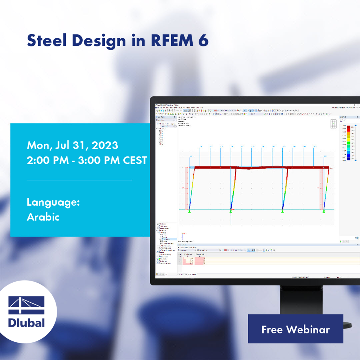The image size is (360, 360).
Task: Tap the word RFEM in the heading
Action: [168, 41]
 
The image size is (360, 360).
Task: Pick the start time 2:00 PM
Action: [48, 160]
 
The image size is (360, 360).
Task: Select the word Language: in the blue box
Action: [53, 202]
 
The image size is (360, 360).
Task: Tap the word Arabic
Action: [43, 217]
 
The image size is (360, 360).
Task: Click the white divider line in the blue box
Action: [79, 180]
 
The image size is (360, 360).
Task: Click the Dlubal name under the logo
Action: [26, 322]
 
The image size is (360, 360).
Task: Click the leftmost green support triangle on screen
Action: [189, 211]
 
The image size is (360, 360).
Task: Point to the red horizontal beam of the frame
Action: [260, 168]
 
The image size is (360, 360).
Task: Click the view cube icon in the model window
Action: [333, 124]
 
